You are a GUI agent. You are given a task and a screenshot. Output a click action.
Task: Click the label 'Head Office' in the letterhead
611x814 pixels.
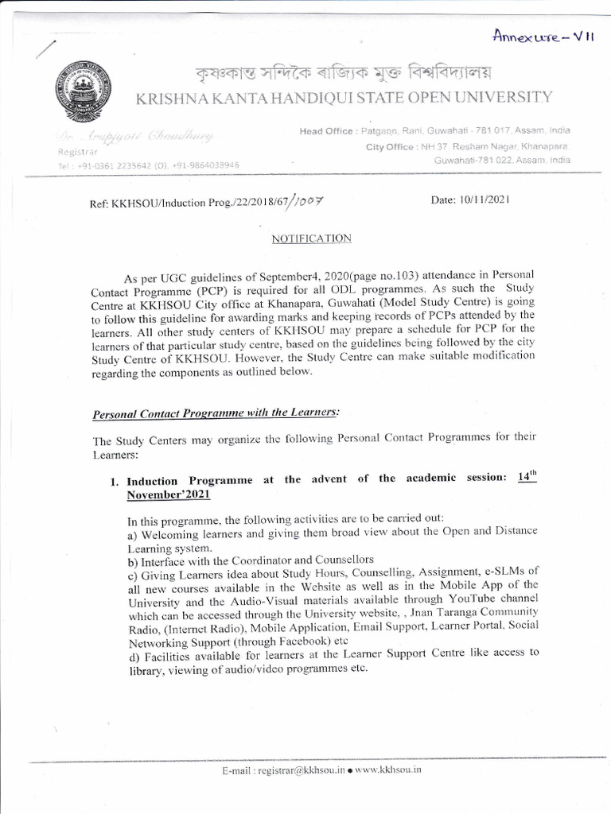click(x=329, y=130)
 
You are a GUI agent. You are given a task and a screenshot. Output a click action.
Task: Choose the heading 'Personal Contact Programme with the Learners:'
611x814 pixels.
click(x=216, y=413)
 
